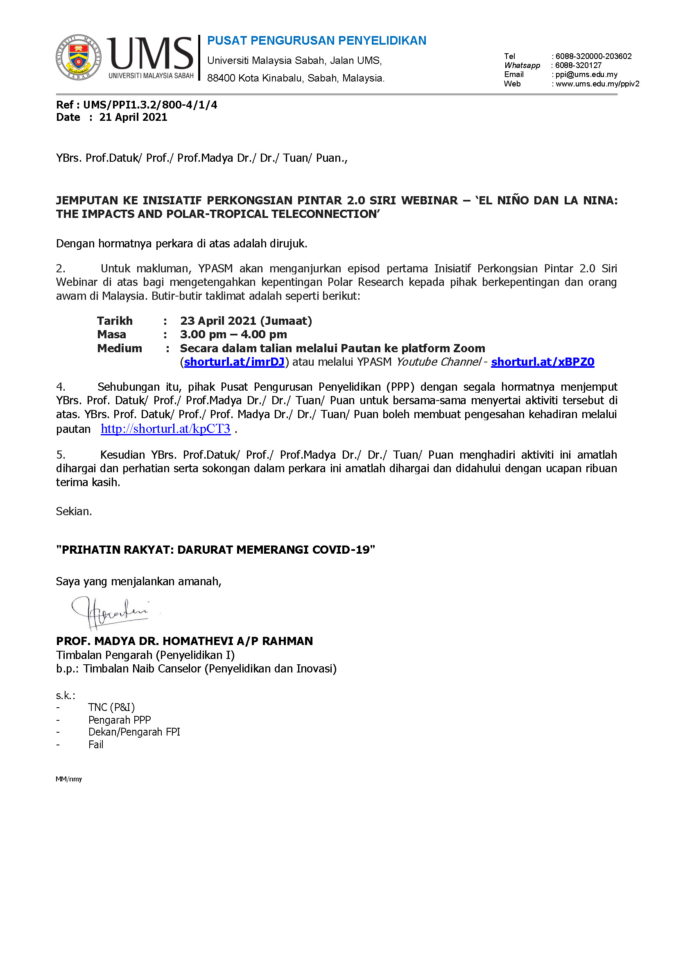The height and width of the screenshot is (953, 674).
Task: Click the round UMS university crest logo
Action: tap(78, 57)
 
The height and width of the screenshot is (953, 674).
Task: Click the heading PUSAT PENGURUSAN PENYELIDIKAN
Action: tap(316, 41)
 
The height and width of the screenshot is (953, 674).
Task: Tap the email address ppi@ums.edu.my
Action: tap(586, 75)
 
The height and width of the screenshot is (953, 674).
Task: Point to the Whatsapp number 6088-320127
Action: tap(578, 66)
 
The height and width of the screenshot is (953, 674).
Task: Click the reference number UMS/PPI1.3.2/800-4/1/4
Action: tap(150, 105)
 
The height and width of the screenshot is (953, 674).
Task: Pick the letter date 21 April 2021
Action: tap(133, 118)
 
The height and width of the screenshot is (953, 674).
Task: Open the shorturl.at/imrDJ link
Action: tap(234, 362)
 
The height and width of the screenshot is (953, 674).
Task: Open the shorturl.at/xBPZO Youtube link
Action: tap(543, 362)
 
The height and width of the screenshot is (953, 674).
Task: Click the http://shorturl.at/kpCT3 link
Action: tap(165, 429)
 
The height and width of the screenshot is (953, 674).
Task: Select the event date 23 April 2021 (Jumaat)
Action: tap(246, 321)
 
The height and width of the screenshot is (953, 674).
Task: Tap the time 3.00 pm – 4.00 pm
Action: tap(233, 335)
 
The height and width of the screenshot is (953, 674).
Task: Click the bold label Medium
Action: tap(120, 348)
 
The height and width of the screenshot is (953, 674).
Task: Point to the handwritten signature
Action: tap(110, 612)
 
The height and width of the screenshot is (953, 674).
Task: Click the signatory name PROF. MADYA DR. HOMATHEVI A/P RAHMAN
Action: tap(184, 641)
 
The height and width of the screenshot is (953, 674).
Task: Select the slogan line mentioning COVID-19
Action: tap(215, 550)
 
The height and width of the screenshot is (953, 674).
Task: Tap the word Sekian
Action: tap(74, 512)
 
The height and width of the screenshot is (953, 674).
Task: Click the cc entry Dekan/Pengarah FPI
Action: tap(134, 732)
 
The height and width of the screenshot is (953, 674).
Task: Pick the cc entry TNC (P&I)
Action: tap(111, 707)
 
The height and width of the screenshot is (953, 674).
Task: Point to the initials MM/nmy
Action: tap(69, 779)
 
